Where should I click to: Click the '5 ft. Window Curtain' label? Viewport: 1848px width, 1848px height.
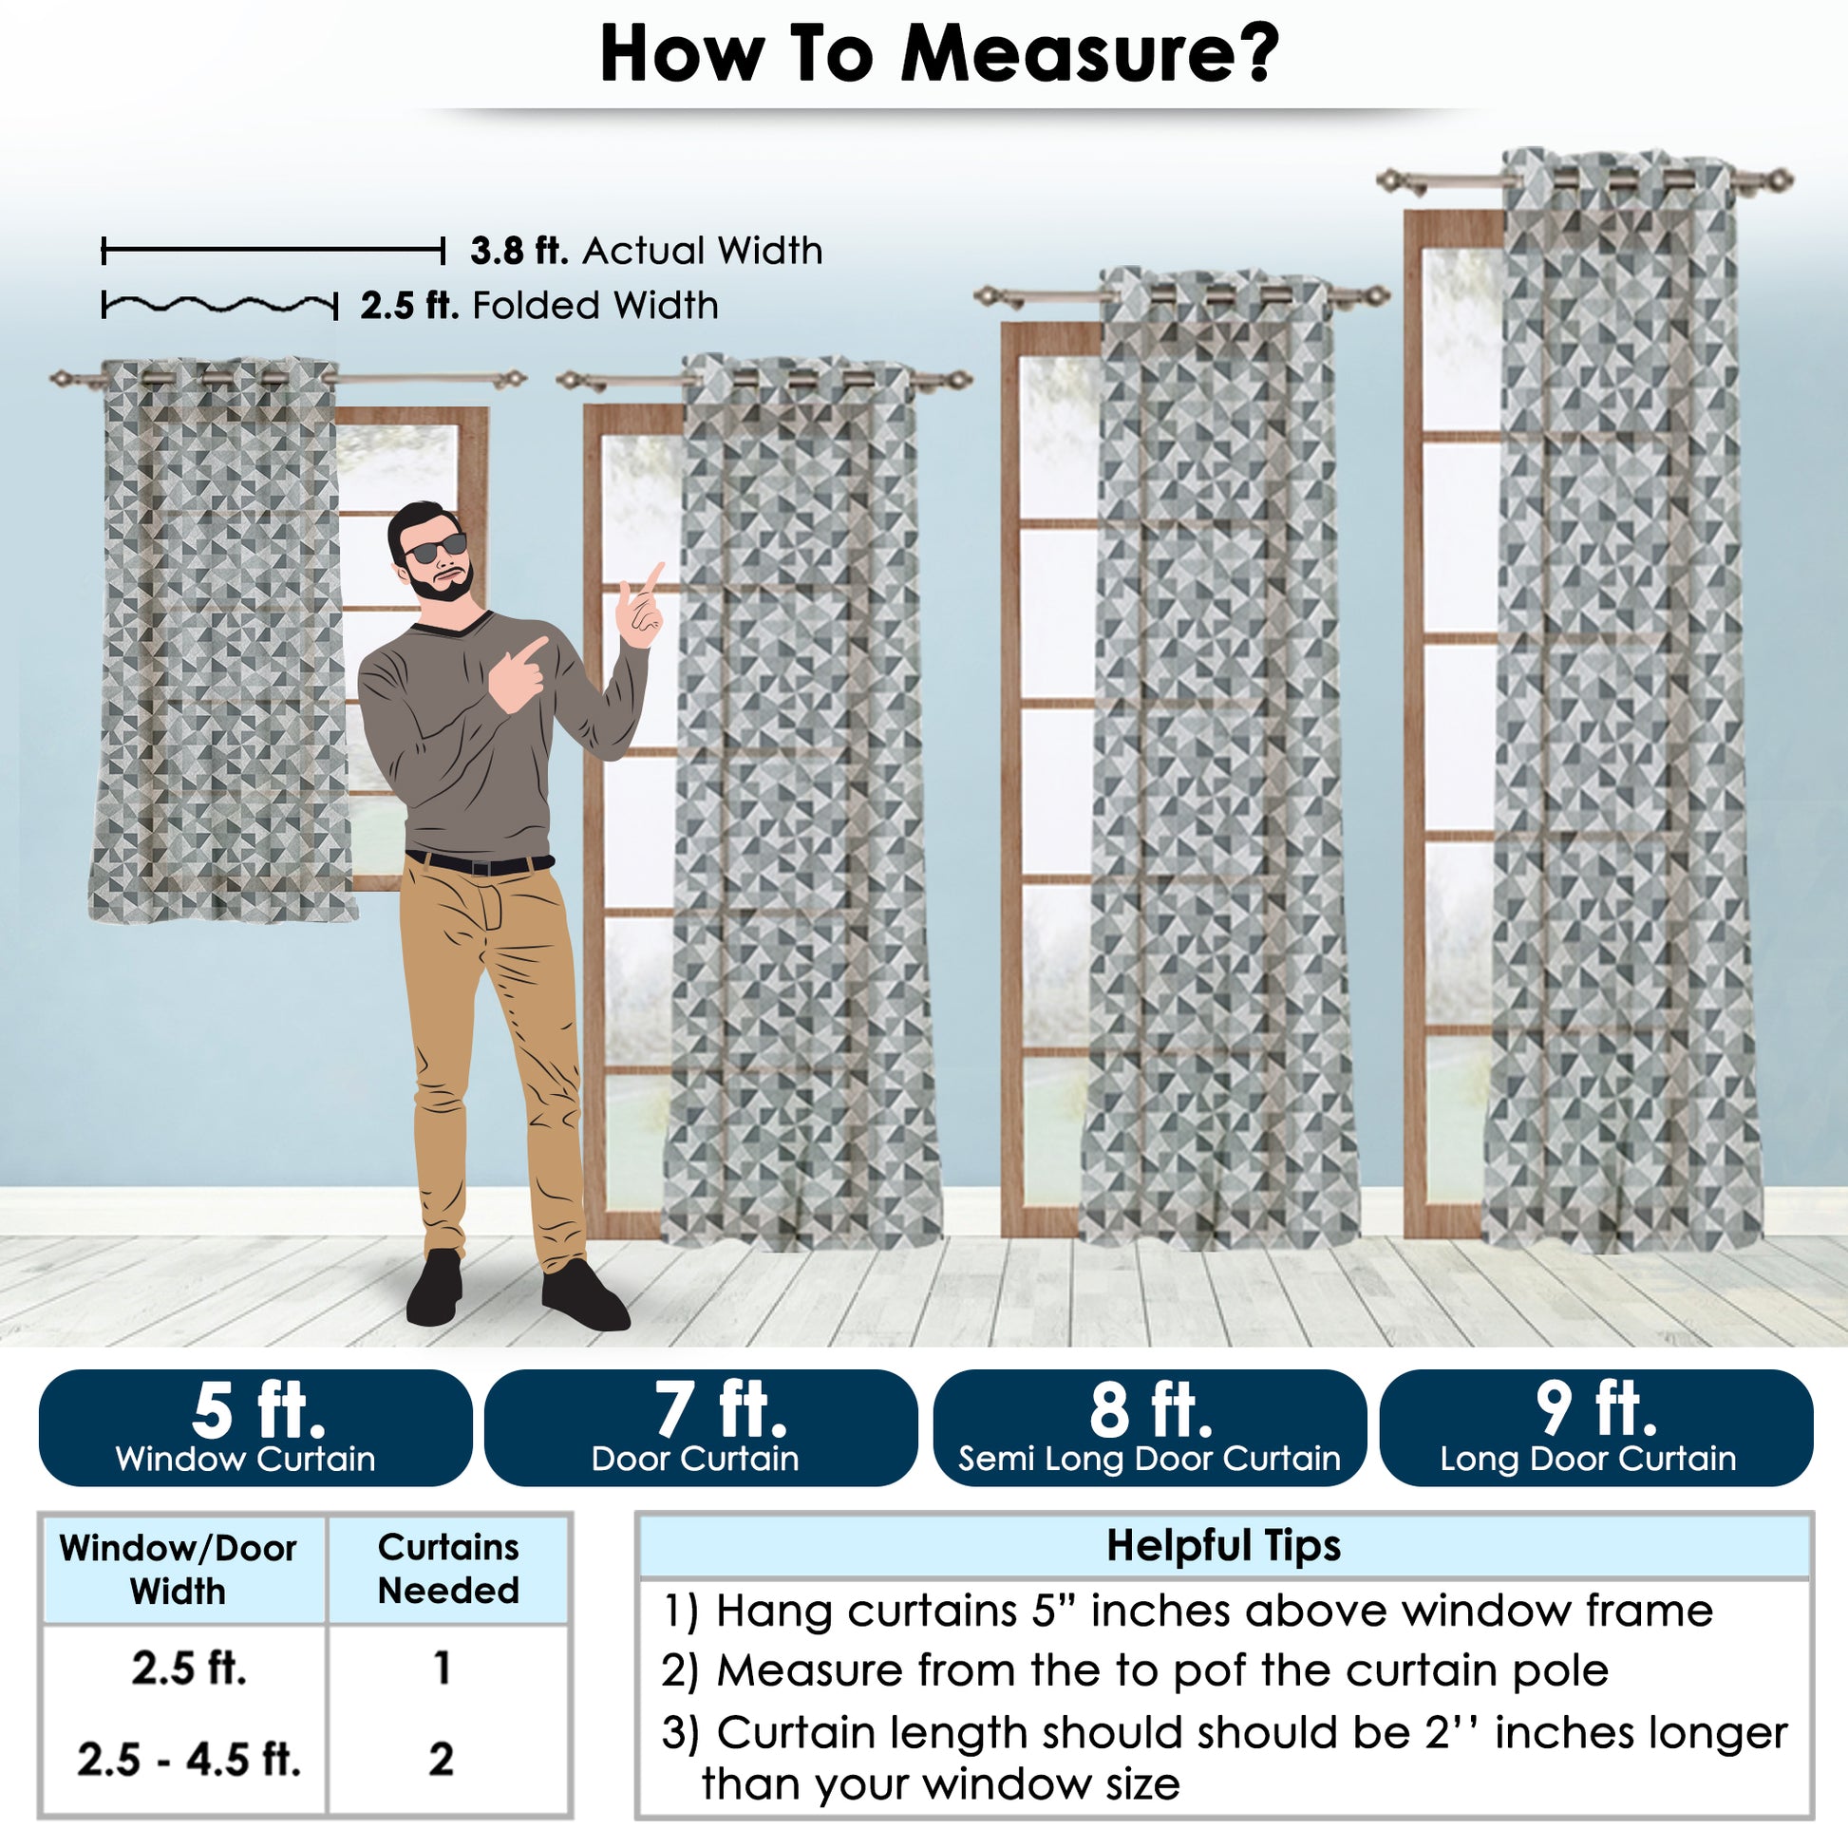pos(255,1427)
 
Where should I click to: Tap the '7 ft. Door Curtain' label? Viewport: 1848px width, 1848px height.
pos(701,1427)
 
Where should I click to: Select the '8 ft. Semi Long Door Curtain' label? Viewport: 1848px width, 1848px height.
pos(1149,1427)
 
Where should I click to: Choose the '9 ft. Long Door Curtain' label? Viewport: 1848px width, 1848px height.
pos(1595,1427)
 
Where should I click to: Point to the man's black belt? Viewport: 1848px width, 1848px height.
pos(480,863)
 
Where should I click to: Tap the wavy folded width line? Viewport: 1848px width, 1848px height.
pos(220,306)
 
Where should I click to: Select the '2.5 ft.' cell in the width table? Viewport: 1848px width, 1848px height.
pos(189,1668)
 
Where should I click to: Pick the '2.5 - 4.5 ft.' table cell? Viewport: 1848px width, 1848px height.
pos(189,1759)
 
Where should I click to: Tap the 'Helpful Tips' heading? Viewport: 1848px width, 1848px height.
pos(1223,1545)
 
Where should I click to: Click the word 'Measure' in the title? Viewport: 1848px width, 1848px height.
pos(1089,53)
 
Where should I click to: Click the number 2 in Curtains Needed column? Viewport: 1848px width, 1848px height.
pos(441,1759)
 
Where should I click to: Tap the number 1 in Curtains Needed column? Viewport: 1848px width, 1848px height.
pos(442,1668)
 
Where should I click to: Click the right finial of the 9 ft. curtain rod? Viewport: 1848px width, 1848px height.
pos(1779,179)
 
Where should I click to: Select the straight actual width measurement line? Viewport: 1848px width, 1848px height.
pos(273,252)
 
